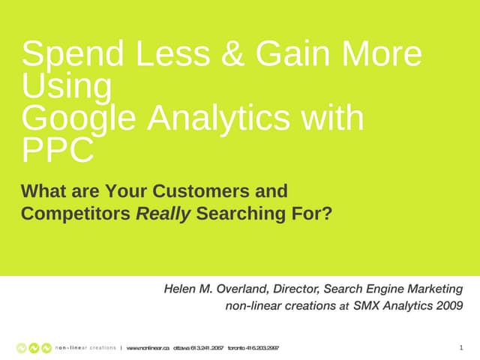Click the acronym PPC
(58, 151)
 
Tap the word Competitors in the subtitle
(75, 214)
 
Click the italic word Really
(163, 214)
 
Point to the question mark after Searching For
(326, 214)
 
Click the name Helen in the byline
(182, 289)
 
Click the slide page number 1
(460, 347)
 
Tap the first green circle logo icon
(22, 348)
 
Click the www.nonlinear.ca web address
(148, 348)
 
